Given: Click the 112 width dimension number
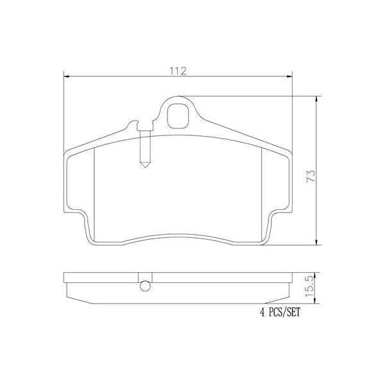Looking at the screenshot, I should point(178,71).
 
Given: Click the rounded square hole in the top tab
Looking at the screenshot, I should point(178,114).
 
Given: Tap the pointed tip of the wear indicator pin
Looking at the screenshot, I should point(146,167).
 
